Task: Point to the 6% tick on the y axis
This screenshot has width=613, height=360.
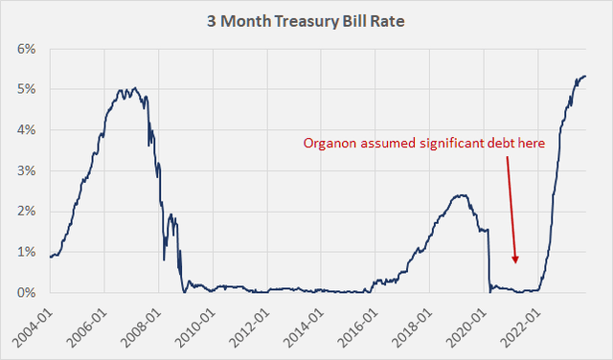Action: pyautogui.click(x=25, y=49)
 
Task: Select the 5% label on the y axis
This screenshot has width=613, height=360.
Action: pyautogui.click(x=25, y=90)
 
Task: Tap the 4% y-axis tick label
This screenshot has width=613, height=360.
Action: pyautogui.click(x=25, y=130)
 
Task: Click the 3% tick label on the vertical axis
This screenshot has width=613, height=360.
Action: pyautogui.click(x=25, y=171)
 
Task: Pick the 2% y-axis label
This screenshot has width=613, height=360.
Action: pyautogui.click(x=25, y=212)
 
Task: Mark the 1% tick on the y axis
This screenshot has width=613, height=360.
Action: pyautogui.click(x=25, y=253)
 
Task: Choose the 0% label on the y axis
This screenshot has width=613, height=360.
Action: pyautogui.click(x=25, y=293)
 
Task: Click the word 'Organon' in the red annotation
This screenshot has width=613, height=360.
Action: pyautogui.click(x=331, y=144)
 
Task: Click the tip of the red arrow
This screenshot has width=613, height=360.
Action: pyautogui.click(x=515, y=261)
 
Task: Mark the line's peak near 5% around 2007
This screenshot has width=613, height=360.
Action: pyautogui.click(x=133, y=88)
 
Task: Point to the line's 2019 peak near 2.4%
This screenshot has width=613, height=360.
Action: pyautogui.click(x=462, y=195)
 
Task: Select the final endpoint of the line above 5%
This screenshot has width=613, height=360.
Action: pyautogui.click(x=586, y=77)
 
